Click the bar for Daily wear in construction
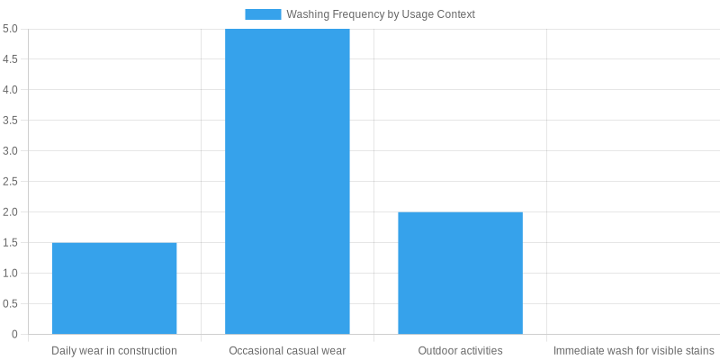(114, 288)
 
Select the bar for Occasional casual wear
(287, 181)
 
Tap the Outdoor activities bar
(460, 273)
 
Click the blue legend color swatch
(263, 14)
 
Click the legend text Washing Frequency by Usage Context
(381, 14)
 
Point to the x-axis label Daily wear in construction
(114, 350)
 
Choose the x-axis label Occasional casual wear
(287, 350)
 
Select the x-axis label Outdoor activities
(460, 350)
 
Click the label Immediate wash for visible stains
(634, 350)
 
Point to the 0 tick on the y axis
(14, 335)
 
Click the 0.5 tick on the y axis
(10, 304)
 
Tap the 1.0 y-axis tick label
(10, 274)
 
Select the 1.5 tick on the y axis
(10, 243)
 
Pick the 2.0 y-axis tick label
(10, 212)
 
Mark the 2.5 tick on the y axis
(10, 182)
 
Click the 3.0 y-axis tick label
(10, 151)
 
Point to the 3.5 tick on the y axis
(10, 121)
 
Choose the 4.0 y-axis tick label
(10, 90)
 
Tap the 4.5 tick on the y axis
(10, 59)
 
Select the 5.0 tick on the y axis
(10, 29)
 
